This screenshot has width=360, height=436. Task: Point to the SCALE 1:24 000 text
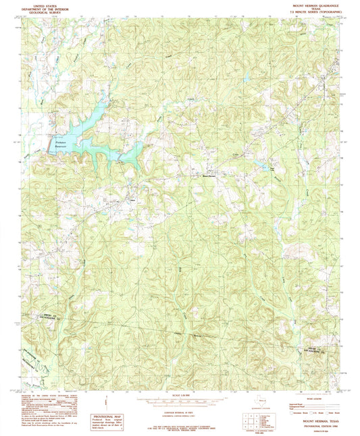coord(182,395)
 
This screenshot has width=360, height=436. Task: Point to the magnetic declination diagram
coord(109,406)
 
